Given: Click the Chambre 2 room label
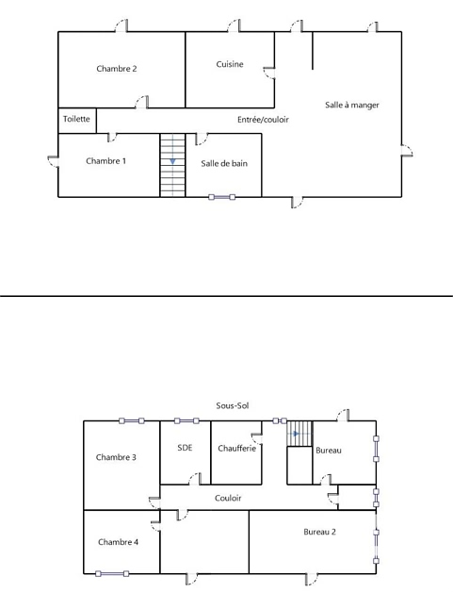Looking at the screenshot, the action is tap(117, 69).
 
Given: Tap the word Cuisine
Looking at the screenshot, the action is tap(230, 64).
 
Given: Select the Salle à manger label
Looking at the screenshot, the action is tap(352, 105).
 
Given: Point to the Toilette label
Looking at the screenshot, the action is tap(76, 119).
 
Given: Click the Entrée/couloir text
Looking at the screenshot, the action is tap(263, 120).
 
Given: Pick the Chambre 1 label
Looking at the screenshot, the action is tap(106, 161).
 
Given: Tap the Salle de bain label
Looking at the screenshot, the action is tap(224, 163).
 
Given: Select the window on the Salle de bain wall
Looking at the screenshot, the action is tap(221, 197).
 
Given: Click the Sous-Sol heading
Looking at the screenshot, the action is tap(233, 405).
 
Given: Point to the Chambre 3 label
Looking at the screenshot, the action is tap(116, 457).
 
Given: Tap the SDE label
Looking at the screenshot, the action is tap(185, 448).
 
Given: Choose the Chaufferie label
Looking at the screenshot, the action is tap(237, 449).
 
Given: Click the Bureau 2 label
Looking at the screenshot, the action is tap(319, 532).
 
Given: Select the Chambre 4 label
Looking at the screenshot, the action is tap(118, 542).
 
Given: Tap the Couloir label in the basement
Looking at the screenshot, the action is tap(228, 498).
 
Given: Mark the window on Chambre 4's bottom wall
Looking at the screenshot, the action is tap(112, 574).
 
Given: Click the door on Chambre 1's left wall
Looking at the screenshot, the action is tap(53, 161).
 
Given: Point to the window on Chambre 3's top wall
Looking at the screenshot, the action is tap(132, 420).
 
